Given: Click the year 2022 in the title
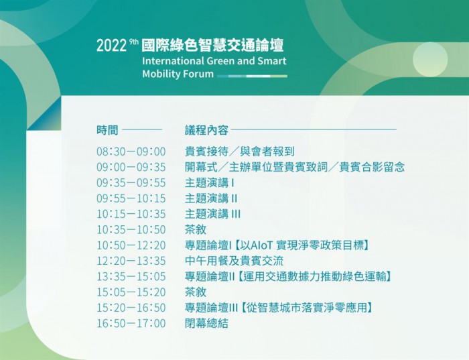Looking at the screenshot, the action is pos(111,46).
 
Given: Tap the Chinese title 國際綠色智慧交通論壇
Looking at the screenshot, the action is pos(212,45).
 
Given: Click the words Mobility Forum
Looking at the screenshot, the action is pos(178,74).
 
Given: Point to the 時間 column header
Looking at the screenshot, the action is pos(107,130).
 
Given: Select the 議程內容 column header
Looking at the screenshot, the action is pos(206,130).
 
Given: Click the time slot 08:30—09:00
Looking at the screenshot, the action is pos(131,152).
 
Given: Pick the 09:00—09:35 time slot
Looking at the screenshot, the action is pos(131,168).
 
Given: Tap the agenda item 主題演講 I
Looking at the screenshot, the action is pos(209,183).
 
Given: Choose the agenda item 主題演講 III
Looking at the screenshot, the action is pos(212,214).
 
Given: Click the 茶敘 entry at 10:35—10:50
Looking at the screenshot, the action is pos(196,229).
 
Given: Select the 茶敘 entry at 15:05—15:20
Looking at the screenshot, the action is pos(196,292).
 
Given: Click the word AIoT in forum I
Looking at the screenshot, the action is pos(261,245).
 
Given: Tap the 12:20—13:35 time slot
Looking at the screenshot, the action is pos(131,261).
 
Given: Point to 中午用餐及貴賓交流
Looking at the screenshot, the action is pos(234,261).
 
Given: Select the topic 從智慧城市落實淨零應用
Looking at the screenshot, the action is pos(307,308).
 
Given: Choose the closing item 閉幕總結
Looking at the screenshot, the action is pos(206,323).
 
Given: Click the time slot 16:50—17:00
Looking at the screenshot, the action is pos(131,323).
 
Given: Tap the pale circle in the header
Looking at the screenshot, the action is pos(430,59).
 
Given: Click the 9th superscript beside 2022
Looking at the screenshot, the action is pos(134,42).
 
